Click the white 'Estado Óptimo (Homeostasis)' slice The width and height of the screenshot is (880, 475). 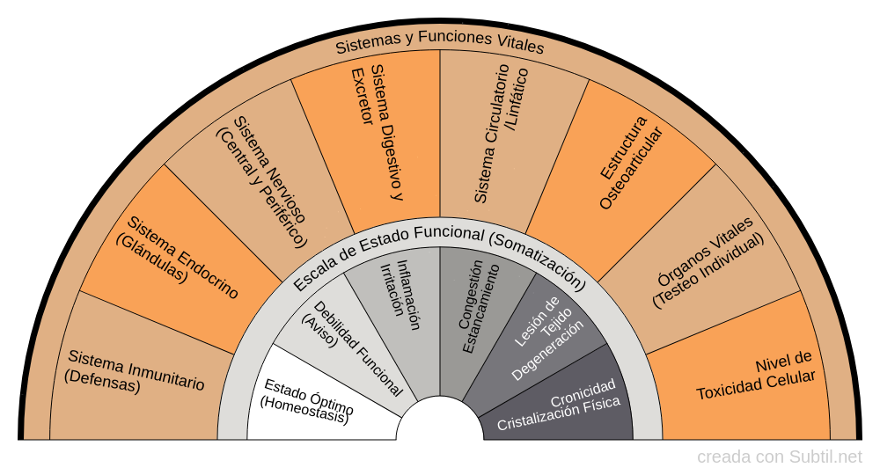[x=308, y=400]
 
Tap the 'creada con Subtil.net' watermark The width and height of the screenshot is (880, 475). [x=780, y=457]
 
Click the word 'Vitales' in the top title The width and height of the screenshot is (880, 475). [x=518, y=47]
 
